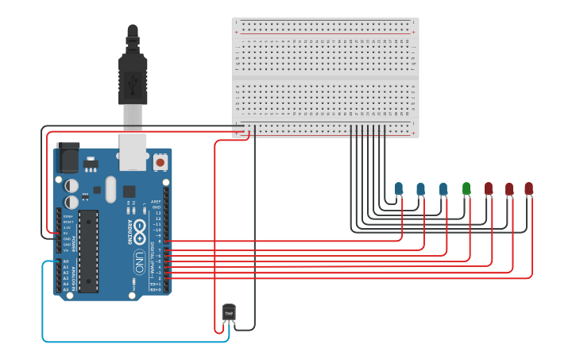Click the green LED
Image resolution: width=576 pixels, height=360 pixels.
pos(466,188)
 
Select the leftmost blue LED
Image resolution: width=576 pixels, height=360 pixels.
pos(399,188)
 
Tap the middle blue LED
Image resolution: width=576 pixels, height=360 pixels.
pos(421,188)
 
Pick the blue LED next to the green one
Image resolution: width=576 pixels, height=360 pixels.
pos(443,188)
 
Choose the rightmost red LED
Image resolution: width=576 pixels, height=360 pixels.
pos(529,188)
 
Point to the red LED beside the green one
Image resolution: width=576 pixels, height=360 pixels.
pos(489,188)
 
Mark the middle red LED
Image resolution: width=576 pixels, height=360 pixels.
pos(509,188)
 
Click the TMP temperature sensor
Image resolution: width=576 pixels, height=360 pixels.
pos(229,312)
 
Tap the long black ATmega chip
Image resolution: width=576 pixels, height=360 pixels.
pos(88,250)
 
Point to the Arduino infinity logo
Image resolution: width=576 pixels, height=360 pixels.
pos(139,232)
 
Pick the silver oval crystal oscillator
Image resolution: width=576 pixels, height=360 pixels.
pos(110,189)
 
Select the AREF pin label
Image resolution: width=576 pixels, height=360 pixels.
pos(157,202)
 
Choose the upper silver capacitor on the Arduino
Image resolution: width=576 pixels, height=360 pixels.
pos(72,185)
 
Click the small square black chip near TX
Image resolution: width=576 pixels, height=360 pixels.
pos(129,192)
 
